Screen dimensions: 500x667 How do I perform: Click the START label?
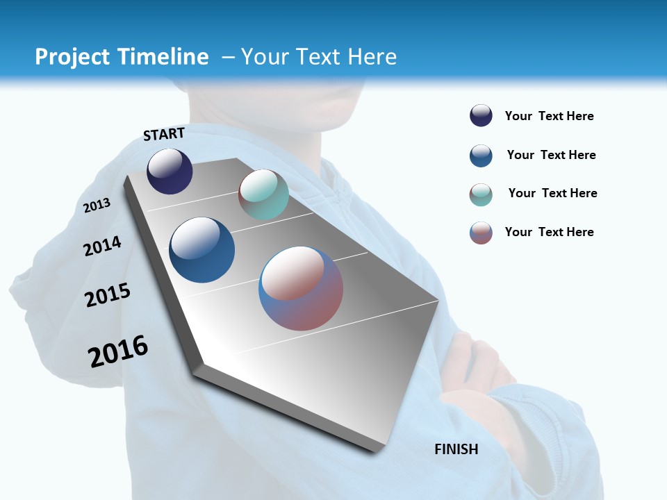tap(164, 134)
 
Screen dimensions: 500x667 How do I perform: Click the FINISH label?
tap(456, 449)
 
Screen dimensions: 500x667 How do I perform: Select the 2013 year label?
tap(97, 205)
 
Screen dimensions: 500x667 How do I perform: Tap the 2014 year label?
tap(103, 246)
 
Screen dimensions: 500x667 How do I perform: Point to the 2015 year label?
tap(108, 295)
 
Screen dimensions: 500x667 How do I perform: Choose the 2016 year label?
tap(118, 351)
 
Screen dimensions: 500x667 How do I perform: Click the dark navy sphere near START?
tap(170, 171)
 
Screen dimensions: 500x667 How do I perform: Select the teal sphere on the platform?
tap(263, 194)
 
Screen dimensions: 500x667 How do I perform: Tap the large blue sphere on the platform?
tap(202, 250)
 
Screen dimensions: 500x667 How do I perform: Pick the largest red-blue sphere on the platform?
tap(301, 288)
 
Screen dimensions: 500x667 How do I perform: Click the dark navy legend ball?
tap(481, 115)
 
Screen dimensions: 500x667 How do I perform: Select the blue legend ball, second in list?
tap(481, 156)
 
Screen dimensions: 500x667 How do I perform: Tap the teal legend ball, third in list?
tap(481, 194)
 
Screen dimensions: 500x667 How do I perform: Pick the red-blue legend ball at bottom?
tap(481, 233)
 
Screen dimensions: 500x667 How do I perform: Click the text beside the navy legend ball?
tap(549, 116)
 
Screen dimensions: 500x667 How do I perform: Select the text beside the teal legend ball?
tap(552, 193)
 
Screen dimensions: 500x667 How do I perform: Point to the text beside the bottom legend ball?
tap(549, 232)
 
